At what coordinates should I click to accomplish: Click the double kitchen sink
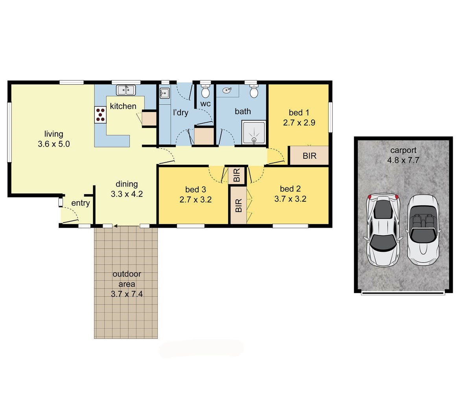click(126, 90)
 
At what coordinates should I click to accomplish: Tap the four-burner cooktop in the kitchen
click(100, 115)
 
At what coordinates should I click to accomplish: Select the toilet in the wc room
click(205, 92)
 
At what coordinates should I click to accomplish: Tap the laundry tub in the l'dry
click(165, 94)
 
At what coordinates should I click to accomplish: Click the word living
click(53, 134)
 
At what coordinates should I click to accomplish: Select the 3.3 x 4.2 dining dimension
click(127, 194)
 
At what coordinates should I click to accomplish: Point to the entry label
click(80, 203)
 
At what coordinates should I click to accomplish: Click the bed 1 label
click(299, 112)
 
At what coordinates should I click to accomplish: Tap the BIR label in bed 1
click(310, 156)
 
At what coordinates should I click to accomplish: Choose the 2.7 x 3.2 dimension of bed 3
click(195, 200)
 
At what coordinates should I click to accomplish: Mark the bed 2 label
click(290, 188)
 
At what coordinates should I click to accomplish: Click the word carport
click(403, 150)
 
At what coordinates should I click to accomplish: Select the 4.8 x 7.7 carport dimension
click(403, 160)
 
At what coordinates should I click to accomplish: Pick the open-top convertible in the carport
click(423, 229)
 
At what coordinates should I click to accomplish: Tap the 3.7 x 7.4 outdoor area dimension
click(127, 293)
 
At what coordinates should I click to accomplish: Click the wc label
click(205, 104)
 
